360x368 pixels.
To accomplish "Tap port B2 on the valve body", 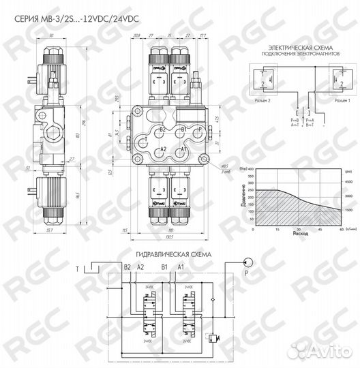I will pyautogui.click(x=162, y=129).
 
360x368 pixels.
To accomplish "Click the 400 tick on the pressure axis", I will pyautogui.click(x=250, y=168).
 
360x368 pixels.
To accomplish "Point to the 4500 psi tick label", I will pyautogui.click(x=346, y=182).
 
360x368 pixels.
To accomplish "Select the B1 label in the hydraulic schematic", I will pyautogui.click(x=162, y=266).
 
